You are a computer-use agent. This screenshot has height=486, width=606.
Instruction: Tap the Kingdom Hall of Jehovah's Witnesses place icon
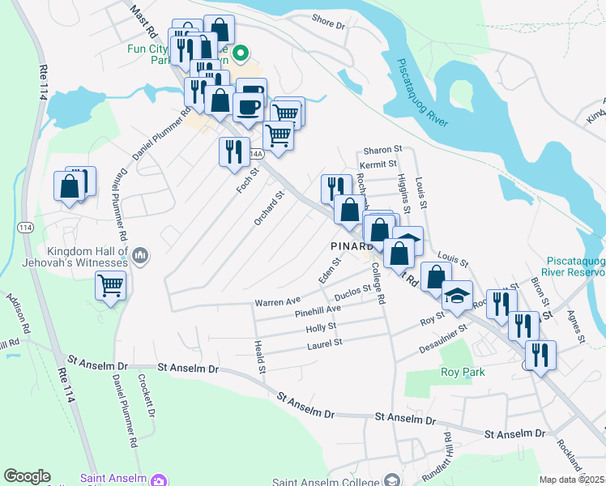click(x=141, y=258)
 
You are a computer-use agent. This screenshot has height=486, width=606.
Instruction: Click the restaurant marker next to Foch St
click(x=232, y=151)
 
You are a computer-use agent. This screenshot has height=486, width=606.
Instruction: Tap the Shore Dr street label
click(x=328, y=24)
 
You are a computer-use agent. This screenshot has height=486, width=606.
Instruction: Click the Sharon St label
click(x=382, y=150)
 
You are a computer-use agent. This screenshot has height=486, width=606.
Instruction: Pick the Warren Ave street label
click(x=278, y=301)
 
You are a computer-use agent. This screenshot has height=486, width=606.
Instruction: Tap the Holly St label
click(x=321, y=327)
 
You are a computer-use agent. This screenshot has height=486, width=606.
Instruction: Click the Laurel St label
click(x=324, y=343)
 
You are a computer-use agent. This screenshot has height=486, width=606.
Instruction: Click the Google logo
click(x=27, y=476)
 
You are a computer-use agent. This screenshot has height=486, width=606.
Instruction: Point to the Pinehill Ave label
click(x=318, y=310)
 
